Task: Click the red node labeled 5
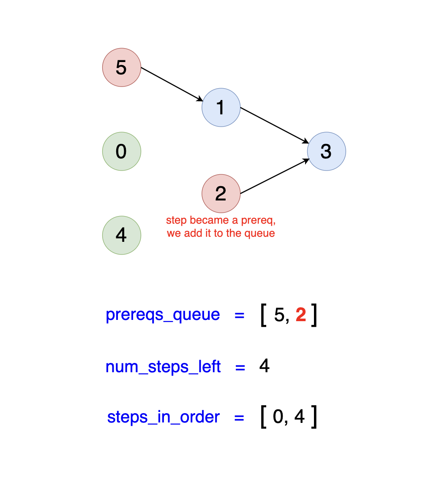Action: coord(122,68)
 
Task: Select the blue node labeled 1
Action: coord(221,108)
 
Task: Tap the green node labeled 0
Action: coord(122,152)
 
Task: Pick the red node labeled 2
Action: coord(221,194)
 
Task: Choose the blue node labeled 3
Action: coord(327,152)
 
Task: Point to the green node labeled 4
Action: coord(122,235)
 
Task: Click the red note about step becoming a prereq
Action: coord(221,227)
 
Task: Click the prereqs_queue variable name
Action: coord(163,315)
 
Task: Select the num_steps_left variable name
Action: coord(163,367)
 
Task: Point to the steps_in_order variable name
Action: coord(164,417)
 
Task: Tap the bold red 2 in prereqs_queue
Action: coord(300,315)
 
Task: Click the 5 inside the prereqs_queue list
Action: coord(279,315)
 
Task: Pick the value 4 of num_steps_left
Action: coord(265,366)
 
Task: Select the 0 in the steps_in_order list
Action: coord(278,417)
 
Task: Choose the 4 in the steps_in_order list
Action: coord(300,417)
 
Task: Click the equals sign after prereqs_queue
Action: coord(240,315)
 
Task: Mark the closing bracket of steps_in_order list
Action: coord(314,417)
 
